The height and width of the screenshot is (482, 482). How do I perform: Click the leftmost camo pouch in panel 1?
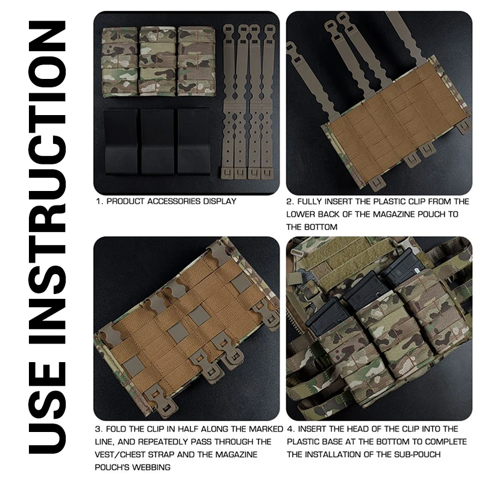click(x=119, y=63)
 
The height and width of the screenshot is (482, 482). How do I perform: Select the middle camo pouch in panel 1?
click(x=157, y=61)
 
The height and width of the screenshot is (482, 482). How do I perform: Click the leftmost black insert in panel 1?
click(x=121, y=142)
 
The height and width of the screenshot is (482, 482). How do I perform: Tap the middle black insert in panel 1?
click(x=157, y=142)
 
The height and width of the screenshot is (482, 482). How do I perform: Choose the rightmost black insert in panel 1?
click(x=193, y=142)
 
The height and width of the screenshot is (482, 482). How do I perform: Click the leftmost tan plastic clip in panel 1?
click(x=228, y=101)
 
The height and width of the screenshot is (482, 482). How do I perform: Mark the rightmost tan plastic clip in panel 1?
click(x=268, y=101)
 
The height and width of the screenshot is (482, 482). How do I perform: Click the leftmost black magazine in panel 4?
click(x=324, y=318)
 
